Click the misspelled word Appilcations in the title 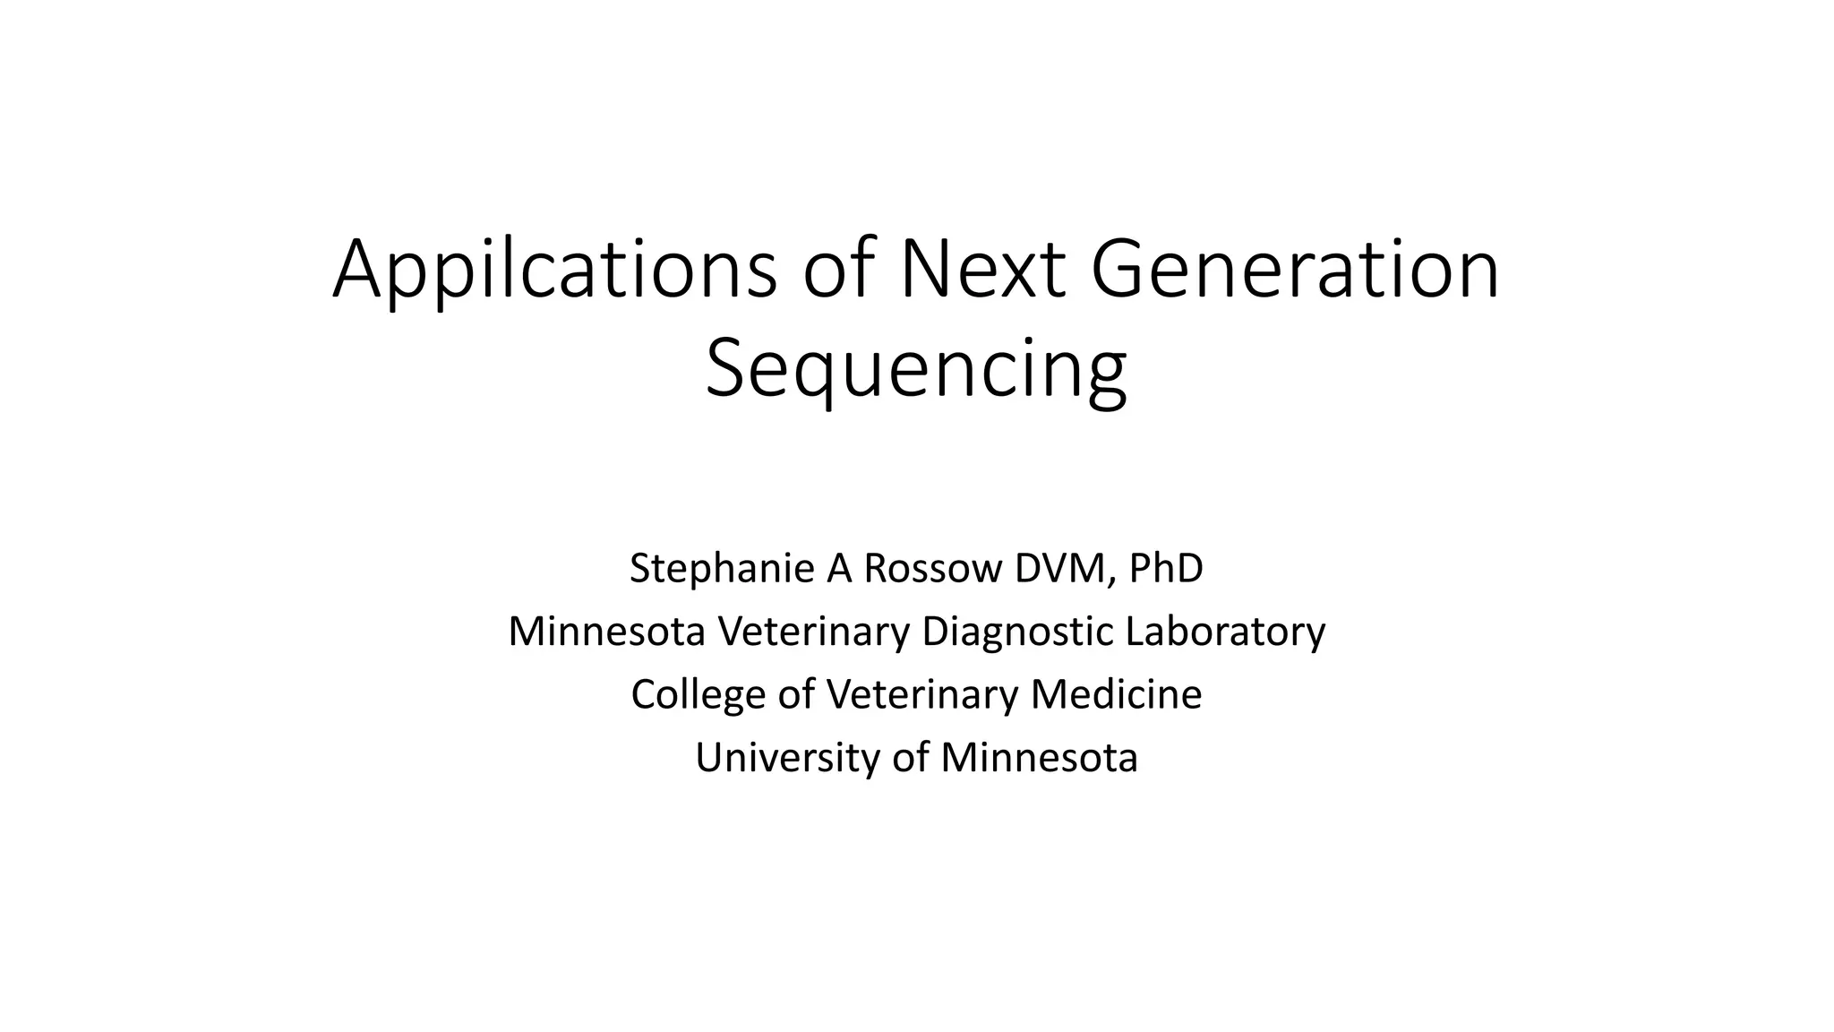(x=554, y=270)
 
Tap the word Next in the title (x=982, y=270)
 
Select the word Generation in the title (x=1294, y=270)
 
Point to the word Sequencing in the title (x=916, y=369)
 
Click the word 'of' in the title (x=837, y=270)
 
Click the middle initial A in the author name (x=839, y=568)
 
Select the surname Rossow (x=933, y=568)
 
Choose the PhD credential (x=1166, y=568)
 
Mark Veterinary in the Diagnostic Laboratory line (x=815, y=631)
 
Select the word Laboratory (x=1225, y=631)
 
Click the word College (x=698, y=694)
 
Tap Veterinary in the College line (x=922, y=694)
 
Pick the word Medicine (x=1116, y=694)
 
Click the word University (x=788, y=758)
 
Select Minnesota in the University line (x=1039, y=758)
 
